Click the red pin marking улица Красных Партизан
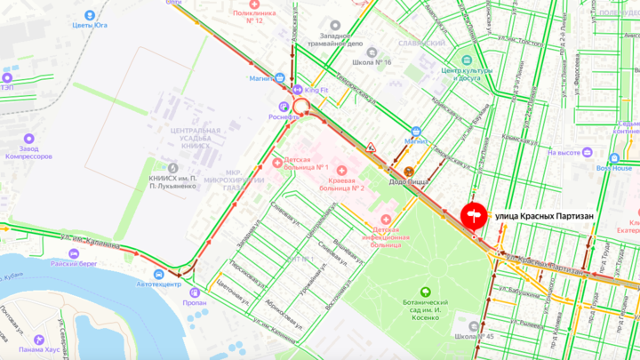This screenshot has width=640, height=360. click(x=474, y=216)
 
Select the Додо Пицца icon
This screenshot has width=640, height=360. click(x=408, y=172)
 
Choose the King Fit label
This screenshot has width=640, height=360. click(x=316, y=90)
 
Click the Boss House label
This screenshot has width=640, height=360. click(x=614, y=167)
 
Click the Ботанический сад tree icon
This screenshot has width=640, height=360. click(x=425, y=292)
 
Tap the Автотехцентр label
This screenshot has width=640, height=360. click(x=158, y=285)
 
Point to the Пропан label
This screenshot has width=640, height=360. click(x=197, y=302)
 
